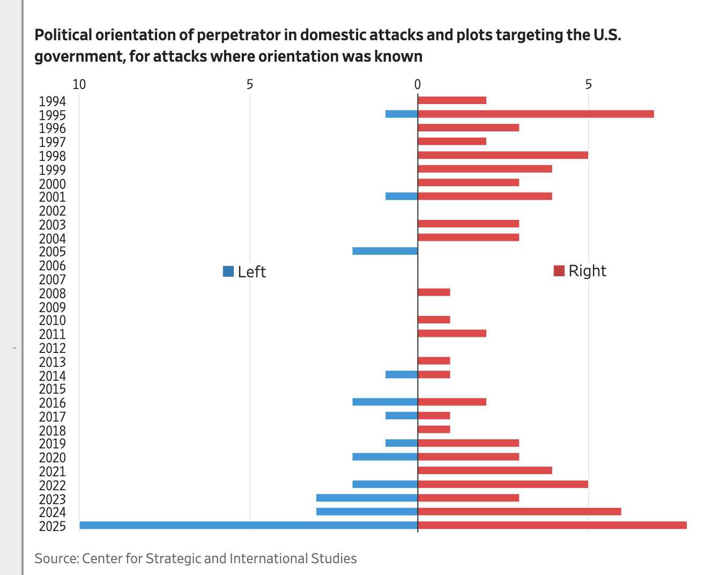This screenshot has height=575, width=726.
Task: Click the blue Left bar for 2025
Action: pos(248,525)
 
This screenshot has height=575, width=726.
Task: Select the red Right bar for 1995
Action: pos(535,114)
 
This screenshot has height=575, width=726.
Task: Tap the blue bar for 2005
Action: pos(385,251)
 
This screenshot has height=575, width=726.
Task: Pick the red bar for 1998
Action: pos(502,155)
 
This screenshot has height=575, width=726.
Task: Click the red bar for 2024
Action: pos(519,511)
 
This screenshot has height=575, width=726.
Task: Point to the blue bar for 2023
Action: pos(367,498)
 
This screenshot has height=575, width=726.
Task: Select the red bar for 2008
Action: pos(434,292)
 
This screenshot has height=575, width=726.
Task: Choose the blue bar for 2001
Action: pos(402,196)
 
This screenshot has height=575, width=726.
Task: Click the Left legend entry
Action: pos(245,272)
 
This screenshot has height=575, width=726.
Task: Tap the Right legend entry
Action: pos(580,271)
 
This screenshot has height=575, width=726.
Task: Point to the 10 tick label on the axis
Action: pos(79,84)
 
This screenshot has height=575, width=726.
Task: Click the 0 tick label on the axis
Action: pos(418,84)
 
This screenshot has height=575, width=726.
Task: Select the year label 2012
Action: pos(53,348)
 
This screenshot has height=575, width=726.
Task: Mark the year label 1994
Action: pos(53,101)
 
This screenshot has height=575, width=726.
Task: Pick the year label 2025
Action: pos(53,526)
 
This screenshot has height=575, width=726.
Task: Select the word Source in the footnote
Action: pos(56,558)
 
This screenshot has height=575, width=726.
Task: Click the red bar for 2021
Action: pos(485,470)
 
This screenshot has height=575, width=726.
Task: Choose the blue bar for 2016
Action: pos(385,402)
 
